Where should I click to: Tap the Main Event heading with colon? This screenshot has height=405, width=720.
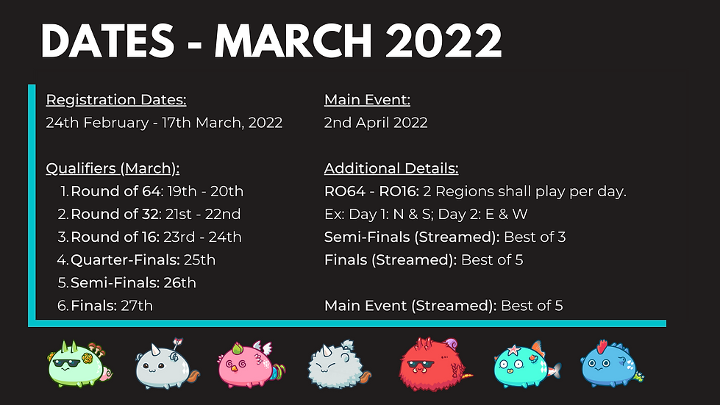[x=367, y=100]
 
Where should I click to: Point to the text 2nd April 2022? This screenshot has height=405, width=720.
[x=376, y=123]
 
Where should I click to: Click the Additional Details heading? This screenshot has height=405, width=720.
[x=391, y=168]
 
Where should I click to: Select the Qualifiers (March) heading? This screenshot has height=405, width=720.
[x=113, y=168]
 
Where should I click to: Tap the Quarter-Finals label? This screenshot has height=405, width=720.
[x=124, y=259]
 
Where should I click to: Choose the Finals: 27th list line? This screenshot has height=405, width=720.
[x=112, y=305]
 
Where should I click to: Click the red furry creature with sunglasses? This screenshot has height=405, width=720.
[x=430, y=362]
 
